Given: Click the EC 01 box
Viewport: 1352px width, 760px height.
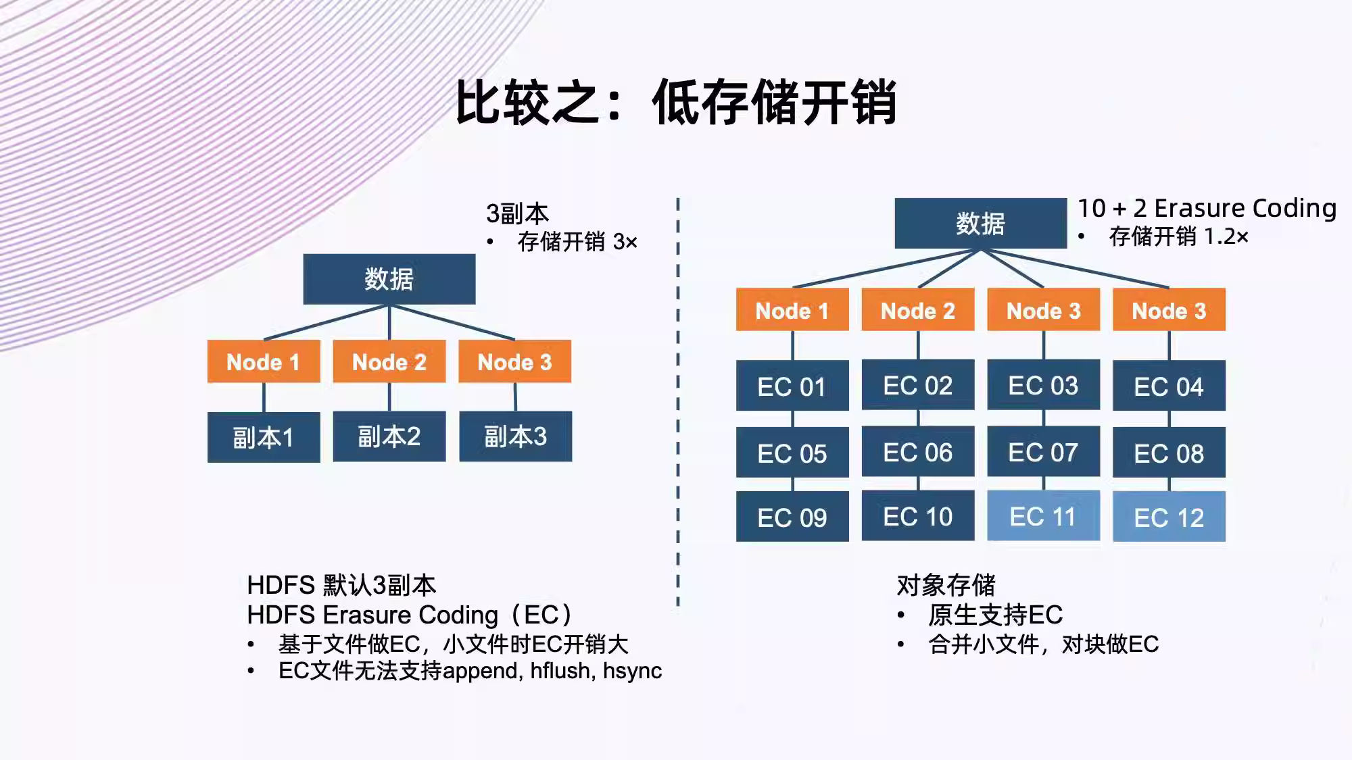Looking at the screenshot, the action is click(x=792, y=386).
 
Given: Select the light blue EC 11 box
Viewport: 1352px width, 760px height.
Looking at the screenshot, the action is click(x=1043, y=516).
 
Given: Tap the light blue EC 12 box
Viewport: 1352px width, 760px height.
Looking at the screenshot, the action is click(x=1169, y=517).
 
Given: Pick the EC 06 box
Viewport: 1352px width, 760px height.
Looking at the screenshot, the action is click(x=918, y=451).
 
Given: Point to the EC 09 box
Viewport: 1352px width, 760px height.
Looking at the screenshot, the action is click(x=792, y=517).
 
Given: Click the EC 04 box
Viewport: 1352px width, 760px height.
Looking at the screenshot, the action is click(x=1169, y=386).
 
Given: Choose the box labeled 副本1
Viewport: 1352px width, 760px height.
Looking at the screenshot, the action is click(x=264, y=437).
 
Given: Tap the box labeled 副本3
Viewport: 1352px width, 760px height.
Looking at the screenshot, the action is click(x=515, y=436).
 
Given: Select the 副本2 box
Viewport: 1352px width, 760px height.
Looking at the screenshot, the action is click(x=389, y=436).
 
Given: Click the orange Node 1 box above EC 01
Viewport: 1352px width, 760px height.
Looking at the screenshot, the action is click(x=792, y=309).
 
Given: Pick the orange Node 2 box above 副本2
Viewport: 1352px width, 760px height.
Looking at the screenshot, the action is click(x=389, y=361).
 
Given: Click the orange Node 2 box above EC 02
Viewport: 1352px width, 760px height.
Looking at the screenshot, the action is click(x=918, y=309).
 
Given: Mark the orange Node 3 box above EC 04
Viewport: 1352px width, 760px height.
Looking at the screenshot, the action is click(x=1169, y=309).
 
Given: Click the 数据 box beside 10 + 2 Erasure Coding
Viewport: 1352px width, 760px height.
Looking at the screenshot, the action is click(x=981, y=223).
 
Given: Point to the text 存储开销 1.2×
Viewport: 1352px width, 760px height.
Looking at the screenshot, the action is click(x=1178, y=236).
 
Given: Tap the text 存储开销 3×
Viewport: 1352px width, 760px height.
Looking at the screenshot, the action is click(x=577, y=242).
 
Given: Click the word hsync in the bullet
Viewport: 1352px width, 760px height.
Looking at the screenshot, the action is click(x=633, y=672).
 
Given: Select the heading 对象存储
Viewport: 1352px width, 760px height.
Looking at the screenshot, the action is click(x=946, y=585).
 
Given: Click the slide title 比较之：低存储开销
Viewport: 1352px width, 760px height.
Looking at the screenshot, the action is click(x=676, y=102).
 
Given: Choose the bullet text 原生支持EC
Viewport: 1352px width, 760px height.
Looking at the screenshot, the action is click(x=995, y=615).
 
